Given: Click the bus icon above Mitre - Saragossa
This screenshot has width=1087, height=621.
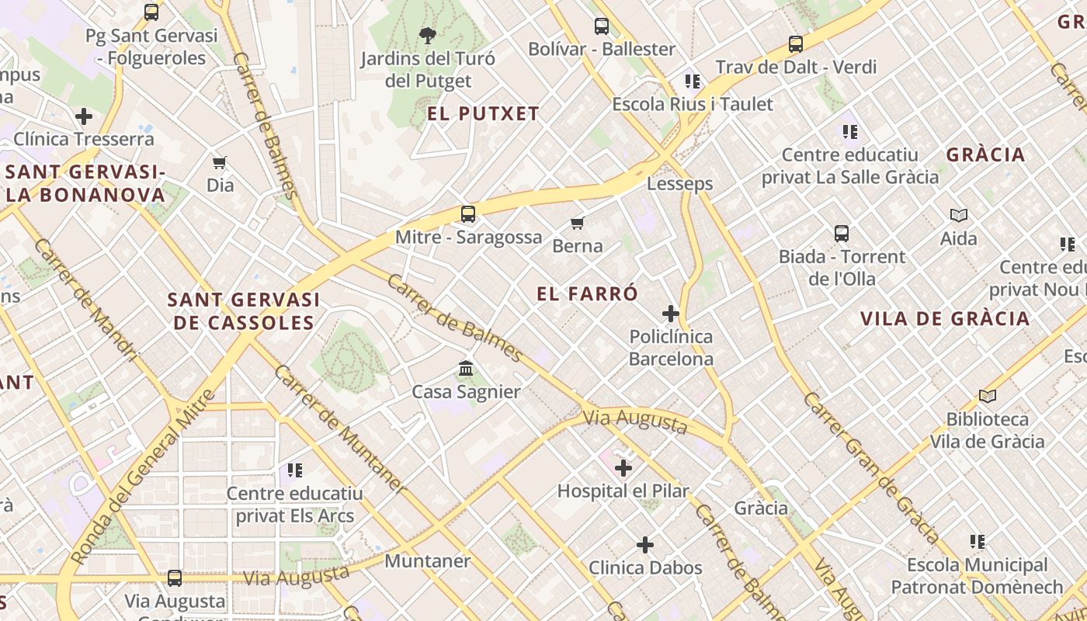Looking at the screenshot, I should (467, 214).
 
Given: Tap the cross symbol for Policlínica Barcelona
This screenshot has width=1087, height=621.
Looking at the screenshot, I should (671, 314).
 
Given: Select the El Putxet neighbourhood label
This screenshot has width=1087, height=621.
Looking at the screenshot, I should (483, 114).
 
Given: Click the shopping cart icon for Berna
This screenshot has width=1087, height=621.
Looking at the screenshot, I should (577, 224).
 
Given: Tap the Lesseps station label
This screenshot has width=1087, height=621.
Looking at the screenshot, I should (679, 184).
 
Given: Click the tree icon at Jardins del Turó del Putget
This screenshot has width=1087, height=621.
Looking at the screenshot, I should (427, 35).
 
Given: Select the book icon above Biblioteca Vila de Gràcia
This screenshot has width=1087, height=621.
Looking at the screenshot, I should (987, 397).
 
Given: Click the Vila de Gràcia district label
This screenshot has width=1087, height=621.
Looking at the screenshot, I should (945, 318).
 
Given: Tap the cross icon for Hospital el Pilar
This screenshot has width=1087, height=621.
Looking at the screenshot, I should (623, 468).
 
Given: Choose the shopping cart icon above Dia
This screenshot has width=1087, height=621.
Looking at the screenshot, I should (220, 162).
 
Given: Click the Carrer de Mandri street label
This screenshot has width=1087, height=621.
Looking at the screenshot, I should (85, 300).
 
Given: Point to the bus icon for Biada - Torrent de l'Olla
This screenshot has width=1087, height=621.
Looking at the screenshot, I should (842, 233).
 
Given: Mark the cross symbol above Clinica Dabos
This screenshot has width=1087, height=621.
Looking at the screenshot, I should (645, 545).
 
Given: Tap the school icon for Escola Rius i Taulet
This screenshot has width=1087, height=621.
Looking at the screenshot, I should (693, 82).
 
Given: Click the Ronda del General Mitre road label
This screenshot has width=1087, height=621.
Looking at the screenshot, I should (140, 477).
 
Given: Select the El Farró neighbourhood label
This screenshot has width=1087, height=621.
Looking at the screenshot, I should (587, 293).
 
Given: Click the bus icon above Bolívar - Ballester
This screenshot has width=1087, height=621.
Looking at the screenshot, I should (602, 26).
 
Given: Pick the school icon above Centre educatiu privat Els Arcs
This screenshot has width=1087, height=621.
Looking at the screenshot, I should (294, 470).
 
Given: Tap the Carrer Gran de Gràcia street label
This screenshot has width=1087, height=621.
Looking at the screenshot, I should (871, 467).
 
